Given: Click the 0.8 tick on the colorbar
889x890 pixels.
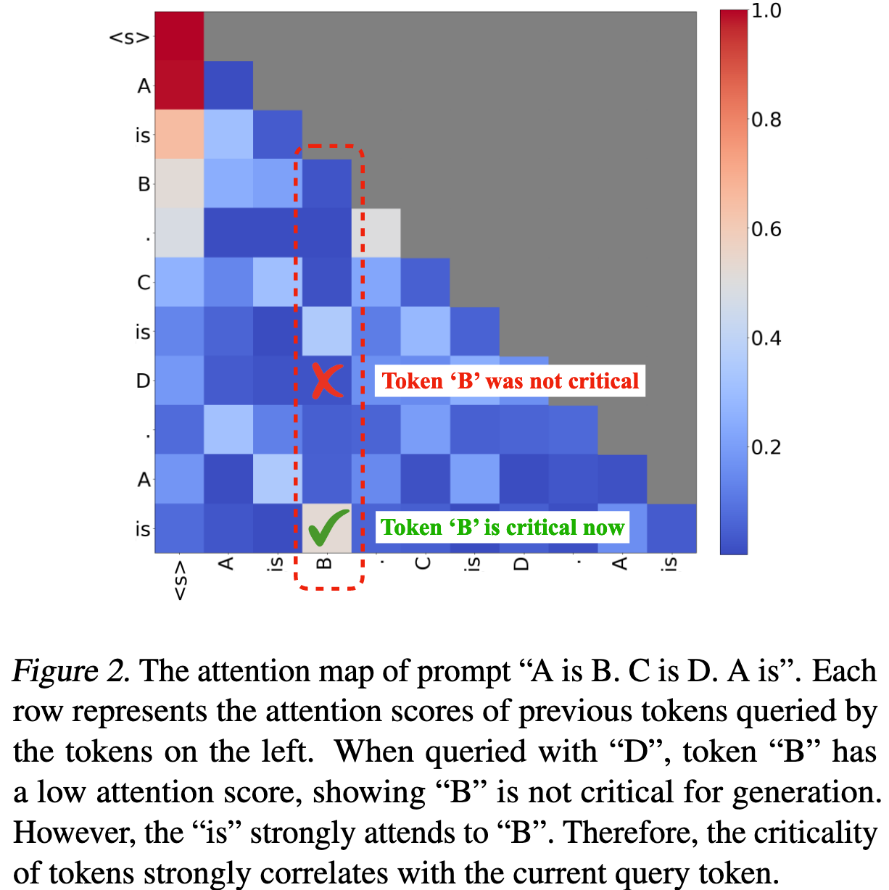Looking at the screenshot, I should pos(766,120).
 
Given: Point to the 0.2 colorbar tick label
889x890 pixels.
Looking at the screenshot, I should pos(766,447).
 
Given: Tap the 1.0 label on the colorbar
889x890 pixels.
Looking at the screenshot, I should pos(766,11).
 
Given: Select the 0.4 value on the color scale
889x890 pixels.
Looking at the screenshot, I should pos(766,338).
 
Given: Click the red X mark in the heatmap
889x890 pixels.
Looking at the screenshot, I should pos(326,380).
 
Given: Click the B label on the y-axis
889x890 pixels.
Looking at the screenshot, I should pos(144,184).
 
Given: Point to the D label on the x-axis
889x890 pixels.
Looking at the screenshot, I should pos(521,563).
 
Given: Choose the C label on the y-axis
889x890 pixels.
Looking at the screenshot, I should pos(144,283).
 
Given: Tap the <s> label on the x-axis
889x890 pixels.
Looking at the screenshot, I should pos(180,580).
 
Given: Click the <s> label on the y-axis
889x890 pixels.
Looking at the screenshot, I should pos(129,37).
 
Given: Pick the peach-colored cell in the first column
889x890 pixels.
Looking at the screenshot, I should pos(179,135).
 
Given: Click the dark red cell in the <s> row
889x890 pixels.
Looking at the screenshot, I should pos(179,36).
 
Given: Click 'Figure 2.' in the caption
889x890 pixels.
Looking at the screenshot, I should pos(71,671).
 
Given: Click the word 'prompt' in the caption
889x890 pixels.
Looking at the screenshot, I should pos(463,671).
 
